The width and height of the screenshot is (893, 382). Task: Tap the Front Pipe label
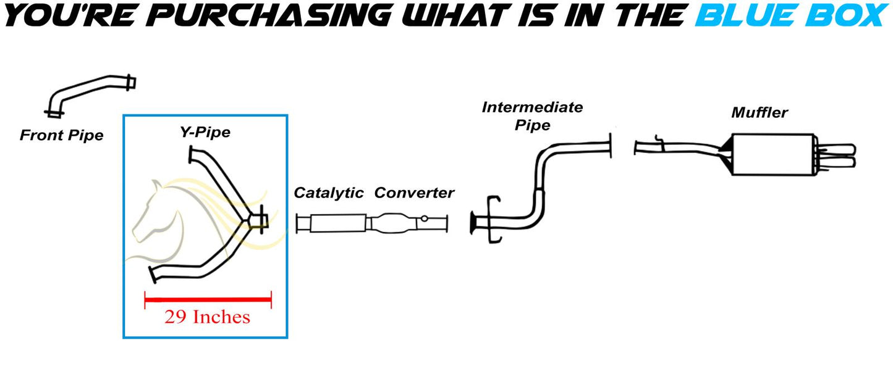tap(61, 135)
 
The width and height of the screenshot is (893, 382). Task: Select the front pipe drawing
tap(93, 93)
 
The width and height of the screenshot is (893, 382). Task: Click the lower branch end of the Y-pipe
tap(154, 276)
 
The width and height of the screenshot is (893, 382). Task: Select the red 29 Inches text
tap(207, 317)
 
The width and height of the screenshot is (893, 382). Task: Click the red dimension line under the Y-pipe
tap(208, 301)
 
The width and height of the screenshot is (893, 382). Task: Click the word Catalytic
tap(328, 193)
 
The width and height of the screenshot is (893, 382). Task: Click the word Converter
tap(414, 193)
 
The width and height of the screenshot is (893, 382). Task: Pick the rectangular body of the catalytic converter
tap(336, 223)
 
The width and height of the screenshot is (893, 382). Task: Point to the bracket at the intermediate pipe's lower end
tap(491, 220)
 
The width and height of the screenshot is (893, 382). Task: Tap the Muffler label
tap(760, 112)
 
